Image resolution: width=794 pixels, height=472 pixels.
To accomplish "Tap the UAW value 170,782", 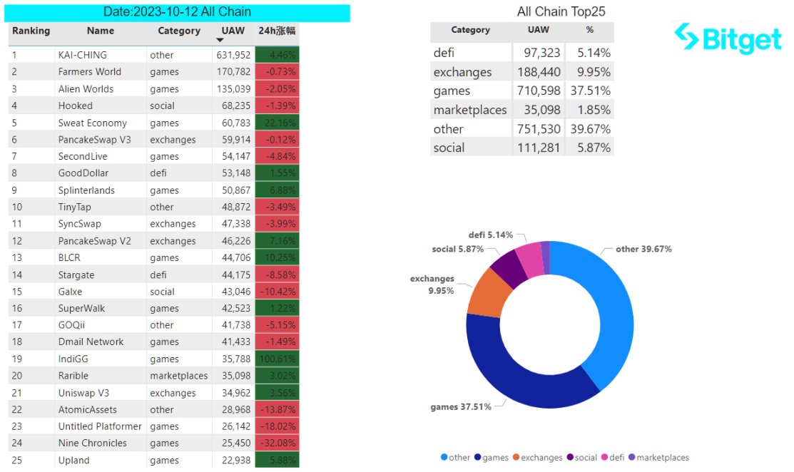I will [x=233, y=72].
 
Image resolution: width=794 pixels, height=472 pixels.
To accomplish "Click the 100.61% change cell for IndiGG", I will [x=277, y=359].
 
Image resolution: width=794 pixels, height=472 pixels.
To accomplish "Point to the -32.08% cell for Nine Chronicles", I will [x=277, y=443].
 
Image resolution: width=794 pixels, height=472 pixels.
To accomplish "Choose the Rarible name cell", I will [x=75, y=376].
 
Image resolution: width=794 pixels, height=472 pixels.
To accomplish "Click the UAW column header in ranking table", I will [x=233, y=31].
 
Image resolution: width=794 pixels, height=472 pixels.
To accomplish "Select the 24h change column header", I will [x=277, y=31].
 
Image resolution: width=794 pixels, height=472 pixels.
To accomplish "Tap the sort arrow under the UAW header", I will [x=220, y=40].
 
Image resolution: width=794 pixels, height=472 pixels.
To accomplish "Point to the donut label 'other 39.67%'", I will [x=643, y=250].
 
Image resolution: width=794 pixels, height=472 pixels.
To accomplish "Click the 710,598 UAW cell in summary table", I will [x=539, y=91].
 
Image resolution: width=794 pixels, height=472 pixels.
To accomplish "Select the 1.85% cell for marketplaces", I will [x=589, y=110].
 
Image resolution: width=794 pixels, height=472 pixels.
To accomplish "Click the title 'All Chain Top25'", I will [x=561, y=12].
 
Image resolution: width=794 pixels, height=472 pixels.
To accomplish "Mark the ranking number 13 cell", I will [x=18, y=257].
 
